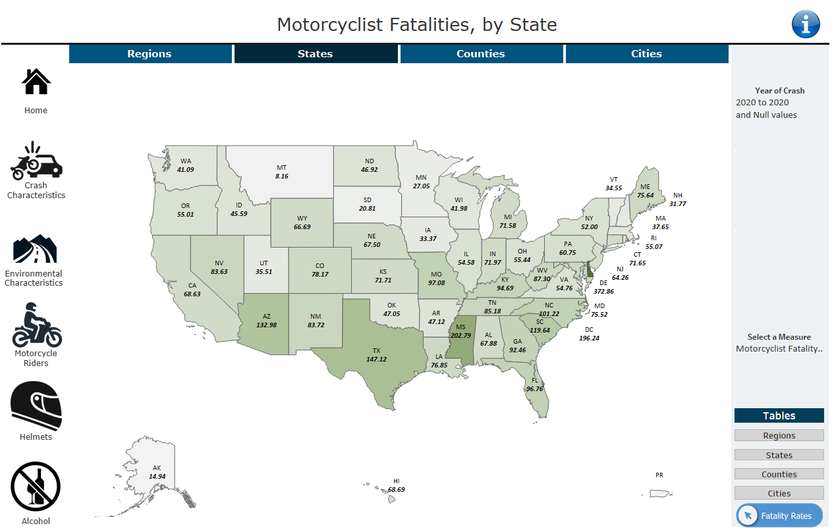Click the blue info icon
pos(805,24)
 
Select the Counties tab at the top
pos(481,54)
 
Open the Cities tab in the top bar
pos(646,54)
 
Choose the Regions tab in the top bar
pos(150,54)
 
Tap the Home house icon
pos(36,82)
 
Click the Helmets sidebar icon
pos(36,406)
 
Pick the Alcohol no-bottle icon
pos(36,486)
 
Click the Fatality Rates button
pos(779,516)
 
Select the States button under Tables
pos(779,455)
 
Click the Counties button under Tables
pos(779,474)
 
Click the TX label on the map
pos(377,350)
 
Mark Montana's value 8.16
pos(281,176)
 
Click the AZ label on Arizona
pos(266,316)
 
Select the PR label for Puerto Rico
pos(659,475)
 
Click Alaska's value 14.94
pos(157,476)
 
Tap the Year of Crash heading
pos(779,91)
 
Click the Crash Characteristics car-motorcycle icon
pos(36,161)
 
